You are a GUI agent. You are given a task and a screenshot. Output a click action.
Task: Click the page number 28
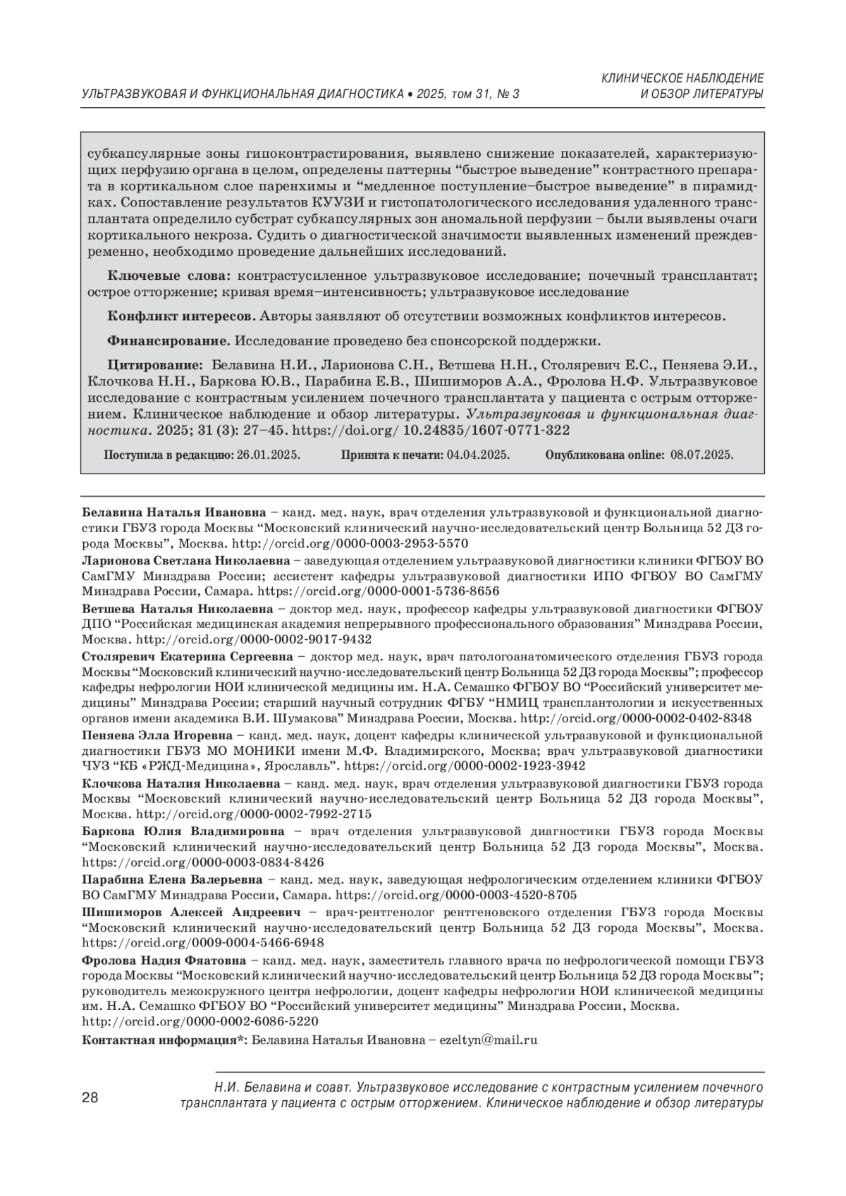90,1098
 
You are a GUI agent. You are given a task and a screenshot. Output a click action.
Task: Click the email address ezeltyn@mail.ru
488,1040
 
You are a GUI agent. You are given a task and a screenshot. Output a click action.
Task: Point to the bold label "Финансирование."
168,341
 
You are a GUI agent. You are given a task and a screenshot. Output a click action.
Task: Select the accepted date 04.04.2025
478,455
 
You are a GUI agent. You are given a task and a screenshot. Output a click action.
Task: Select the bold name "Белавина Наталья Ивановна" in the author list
174,512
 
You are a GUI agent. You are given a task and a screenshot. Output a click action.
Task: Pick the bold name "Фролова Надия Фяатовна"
164,960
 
